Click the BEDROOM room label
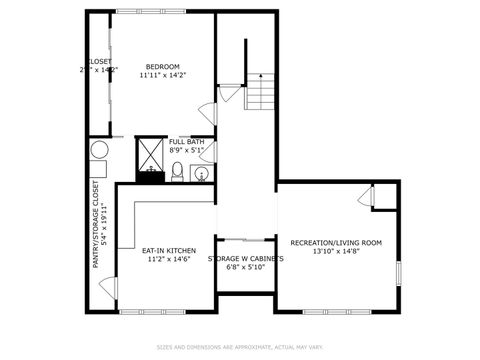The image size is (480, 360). click(x=161, y=66)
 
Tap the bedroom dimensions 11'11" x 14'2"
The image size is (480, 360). click(x=161, y=75)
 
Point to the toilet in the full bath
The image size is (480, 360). click(x=177, y=173)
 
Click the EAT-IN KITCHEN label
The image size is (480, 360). click(x=155, y=250)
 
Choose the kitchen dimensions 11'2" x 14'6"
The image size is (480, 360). click(x=155, y=259)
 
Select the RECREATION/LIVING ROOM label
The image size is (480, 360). click(x=336, y=243)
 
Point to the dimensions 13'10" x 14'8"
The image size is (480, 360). click(x=336, y=252)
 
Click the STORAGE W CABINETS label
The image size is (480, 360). click(x=245, y=258)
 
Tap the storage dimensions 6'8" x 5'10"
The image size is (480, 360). click(x=245, y=267)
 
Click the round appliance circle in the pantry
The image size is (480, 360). click(x=100, y=150)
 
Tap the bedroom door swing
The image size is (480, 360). click(x=207, y=115)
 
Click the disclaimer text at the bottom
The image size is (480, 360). click(x=240, y=347)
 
